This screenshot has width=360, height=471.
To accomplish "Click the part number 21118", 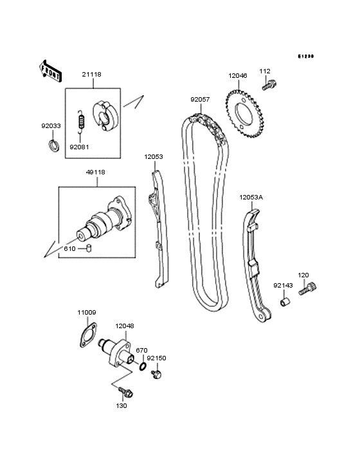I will [92, 75].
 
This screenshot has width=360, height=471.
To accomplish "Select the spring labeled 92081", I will [80, 122].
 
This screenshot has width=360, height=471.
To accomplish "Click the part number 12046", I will [237, 76].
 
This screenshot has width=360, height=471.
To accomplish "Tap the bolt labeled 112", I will [269, 84].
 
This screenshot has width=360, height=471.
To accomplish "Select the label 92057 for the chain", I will [199, 100].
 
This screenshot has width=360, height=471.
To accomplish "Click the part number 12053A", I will [251, 198].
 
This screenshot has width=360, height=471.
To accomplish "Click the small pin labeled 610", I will [91, 248].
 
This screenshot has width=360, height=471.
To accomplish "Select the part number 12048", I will [125, 327].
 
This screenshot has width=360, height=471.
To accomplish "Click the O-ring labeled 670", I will [141, 368].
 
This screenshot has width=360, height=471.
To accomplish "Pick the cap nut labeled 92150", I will [156, 373].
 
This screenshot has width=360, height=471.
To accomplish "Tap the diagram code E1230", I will [305, 57].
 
